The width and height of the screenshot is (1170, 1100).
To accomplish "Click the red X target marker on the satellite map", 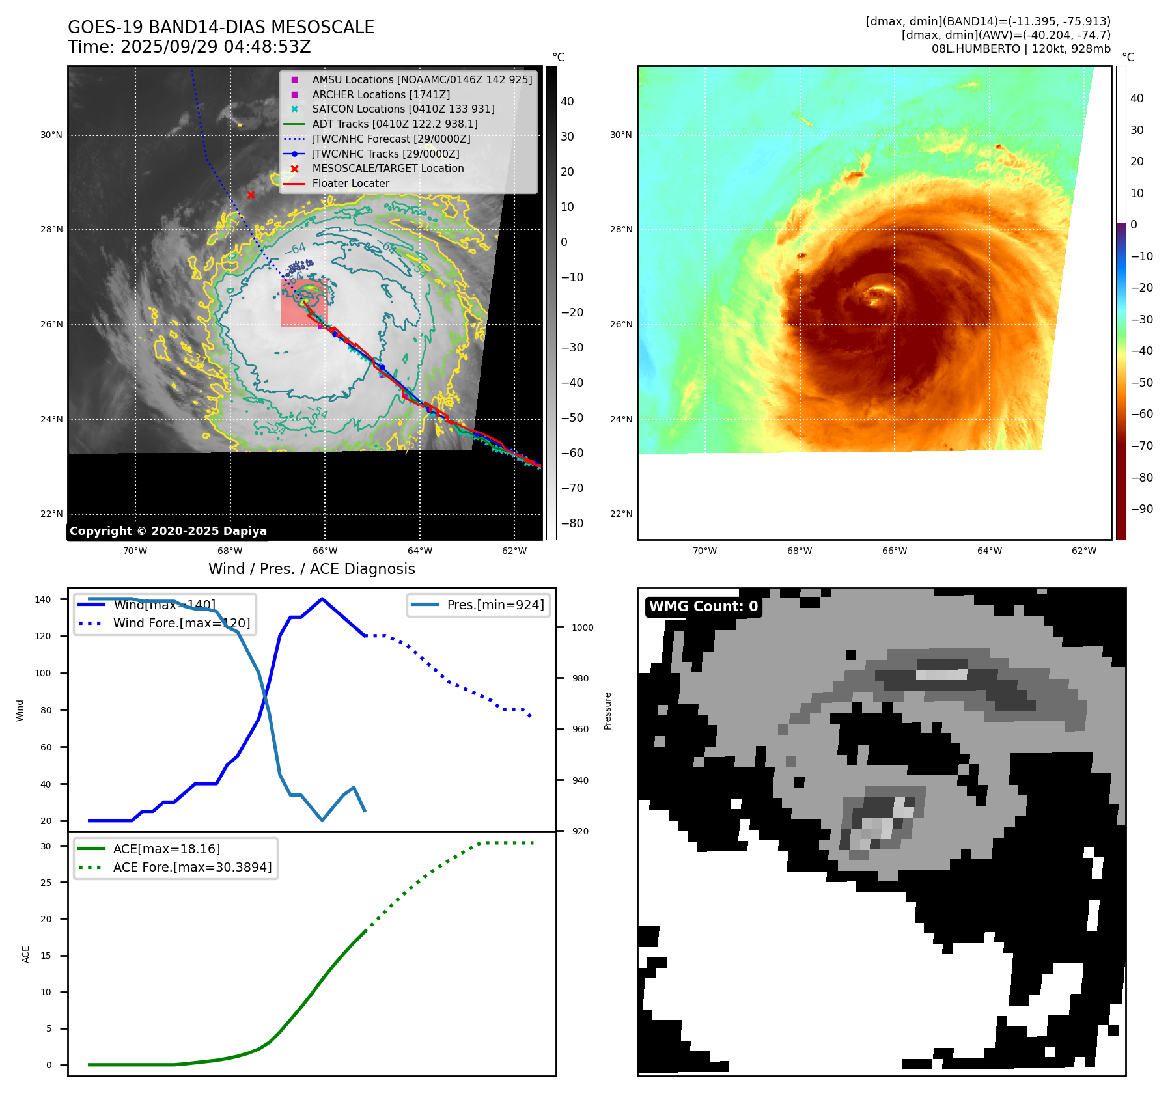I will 251,195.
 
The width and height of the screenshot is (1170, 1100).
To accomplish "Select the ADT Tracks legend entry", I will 395,124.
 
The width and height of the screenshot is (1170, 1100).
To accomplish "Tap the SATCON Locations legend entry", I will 403,109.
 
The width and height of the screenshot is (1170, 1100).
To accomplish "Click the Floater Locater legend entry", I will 350,184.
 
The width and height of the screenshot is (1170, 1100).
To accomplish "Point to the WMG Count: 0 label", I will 703,607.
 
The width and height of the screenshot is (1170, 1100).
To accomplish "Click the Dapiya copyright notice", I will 168,531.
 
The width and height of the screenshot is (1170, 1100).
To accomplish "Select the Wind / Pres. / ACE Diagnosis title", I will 311,569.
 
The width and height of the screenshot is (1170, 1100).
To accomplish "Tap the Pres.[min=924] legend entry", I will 495,605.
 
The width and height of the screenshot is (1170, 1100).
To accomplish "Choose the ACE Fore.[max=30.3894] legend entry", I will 192,867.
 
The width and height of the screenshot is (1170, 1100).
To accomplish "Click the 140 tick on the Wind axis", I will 43,599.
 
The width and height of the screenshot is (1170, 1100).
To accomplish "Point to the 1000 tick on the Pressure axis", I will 582,627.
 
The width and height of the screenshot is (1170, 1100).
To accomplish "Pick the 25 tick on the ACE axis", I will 46,883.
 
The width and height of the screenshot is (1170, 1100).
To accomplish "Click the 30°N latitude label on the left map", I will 51,135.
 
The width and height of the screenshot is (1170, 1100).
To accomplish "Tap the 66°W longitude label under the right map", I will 894,551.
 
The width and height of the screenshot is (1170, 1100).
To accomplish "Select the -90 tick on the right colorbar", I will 1141,509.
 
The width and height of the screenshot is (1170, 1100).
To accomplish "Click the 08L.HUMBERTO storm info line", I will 1020,49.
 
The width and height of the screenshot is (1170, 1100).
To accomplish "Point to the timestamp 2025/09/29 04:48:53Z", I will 216,48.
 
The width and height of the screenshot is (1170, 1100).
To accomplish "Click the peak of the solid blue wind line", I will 322,599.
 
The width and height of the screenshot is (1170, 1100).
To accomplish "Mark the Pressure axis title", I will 607,711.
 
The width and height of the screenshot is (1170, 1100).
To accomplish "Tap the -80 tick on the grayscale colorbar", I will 572,523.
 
